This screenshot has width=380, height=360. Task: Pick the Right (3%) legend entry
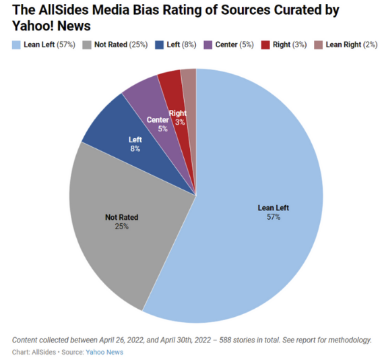[287, 44]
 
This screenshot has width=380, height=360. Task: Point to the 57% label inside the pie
[273, 217]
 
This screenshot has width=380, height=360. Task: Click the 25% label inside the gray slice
[121, 227]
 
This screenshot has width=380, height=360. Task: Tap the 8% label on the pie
[135, 148]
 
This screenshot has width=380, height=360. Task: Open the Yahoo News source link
[104, 352]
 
